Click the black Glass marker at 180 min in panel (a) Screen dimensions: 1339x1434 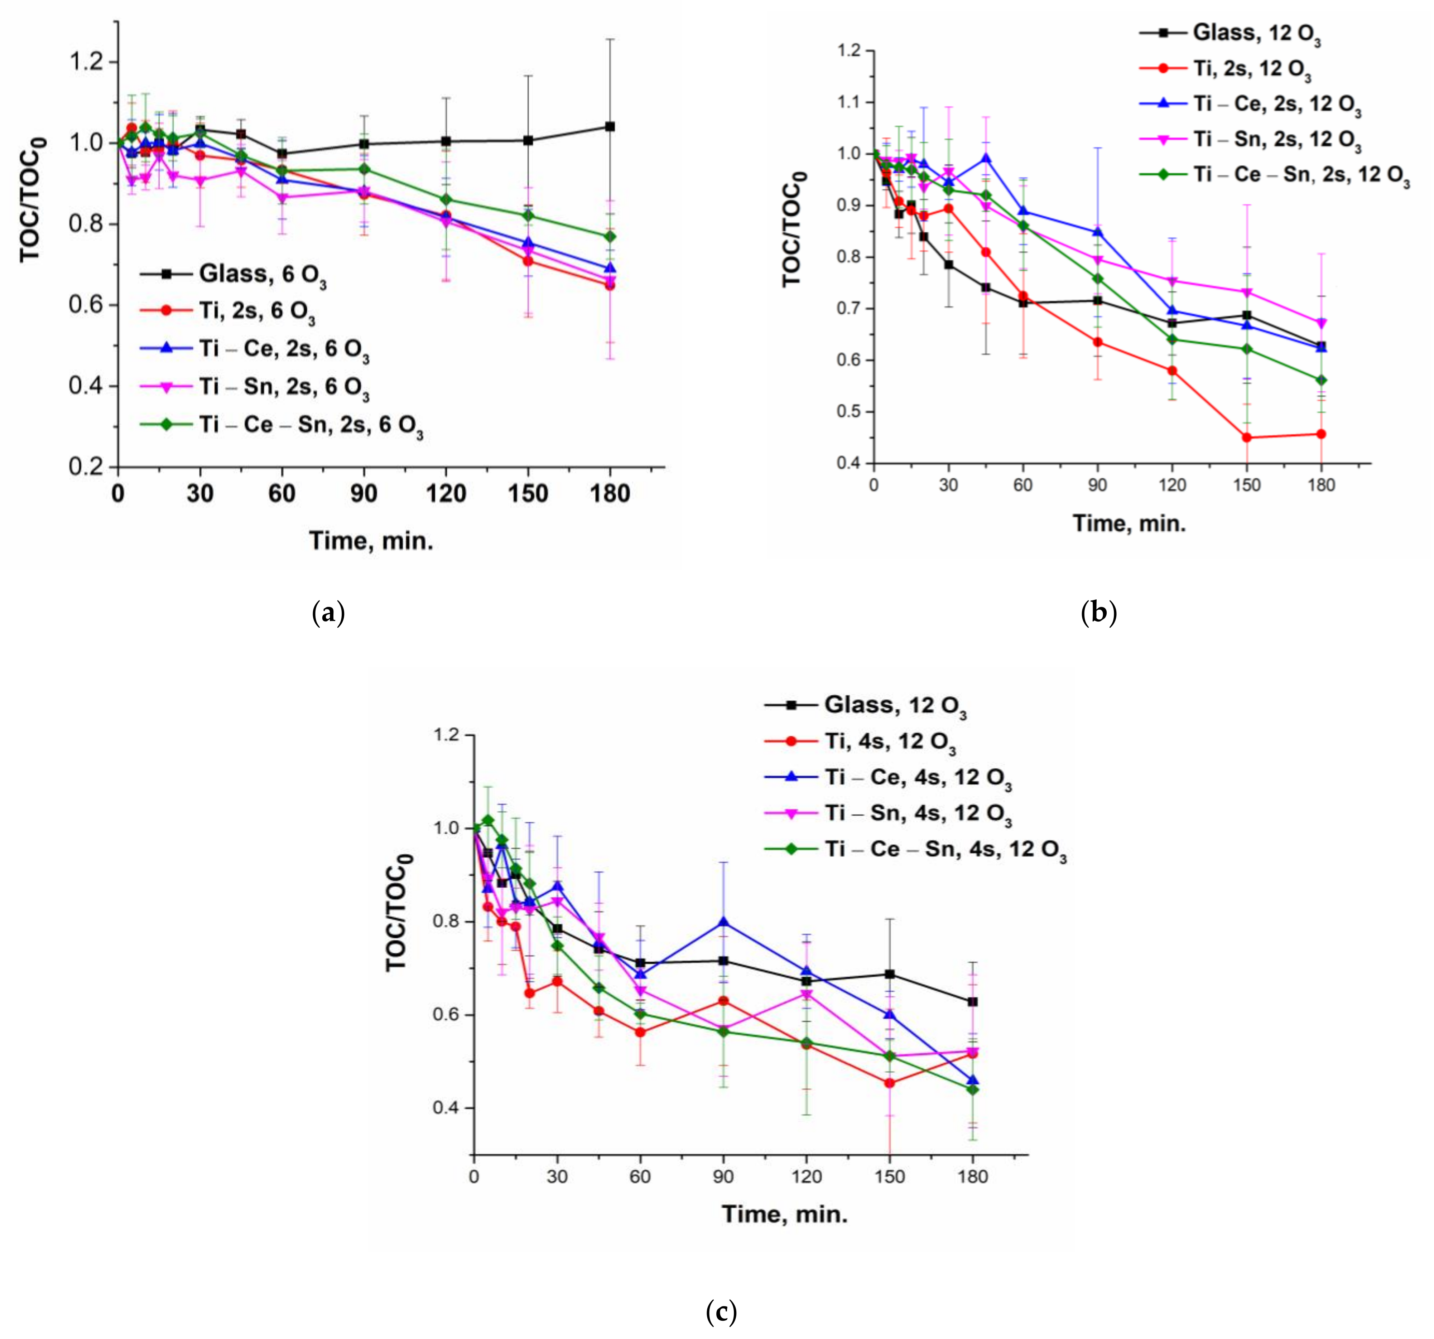[x=610, y=126]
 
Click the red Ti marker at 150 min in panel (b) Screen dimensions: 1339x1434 [x=1246, y=438]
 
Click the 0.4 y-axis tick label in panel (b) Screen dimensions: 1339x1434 [x=849, y=463]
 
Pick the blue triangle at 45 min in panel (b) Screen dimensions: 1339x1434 [x=986, y=158]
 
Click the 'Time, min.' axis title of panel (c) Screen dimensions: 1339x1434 [x=784, y=1214]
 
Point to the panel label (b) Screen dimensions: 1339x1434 [x=1098, y=613]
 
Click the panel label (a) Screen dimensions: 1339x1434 [x=328, y=613]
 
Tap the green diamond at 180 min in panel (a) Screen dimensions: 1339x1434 [x=610, y=237]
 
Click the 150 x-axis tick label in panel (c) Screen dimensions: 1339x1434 [x=889, y=1177]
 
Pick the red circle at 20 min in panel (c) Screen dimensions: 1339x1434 [x=529, y=993]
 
